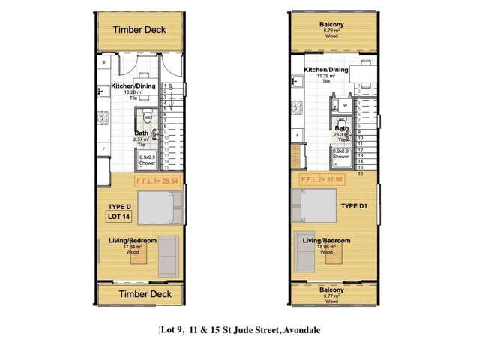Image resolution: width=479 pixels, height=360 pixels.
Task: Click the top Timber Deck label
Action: [x=139, y=30]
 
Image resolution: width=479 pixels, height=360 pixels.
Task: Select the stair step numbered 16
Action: [x=361, y=173]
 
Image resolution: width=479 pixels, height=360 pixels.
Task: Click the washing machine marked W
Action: [x=344, y=106]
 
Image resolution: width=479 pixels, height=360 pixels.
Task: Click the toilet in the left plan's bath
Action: [x=148, y=115]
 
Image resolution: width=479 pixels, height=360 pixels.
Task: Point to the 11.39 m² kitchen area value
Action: [x=325, y=76]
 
